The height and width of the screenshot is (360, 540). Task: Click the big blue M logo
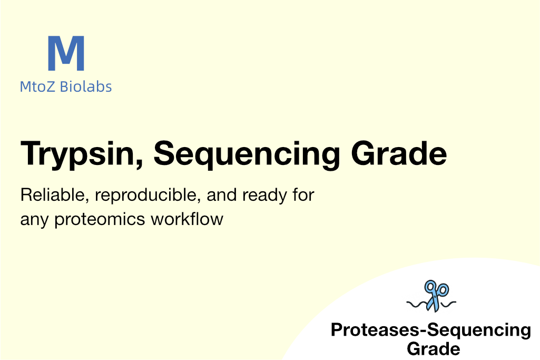(66, 53)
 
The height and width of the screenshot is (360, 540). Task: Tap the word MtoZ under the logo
(37, 86)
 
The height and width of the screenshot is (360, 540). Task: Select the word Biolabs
(86, 86)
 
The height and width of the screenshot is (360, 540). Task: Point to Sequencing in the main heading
(247, 154)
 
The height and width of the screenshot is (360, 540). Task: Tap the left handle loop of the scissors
(430, 286)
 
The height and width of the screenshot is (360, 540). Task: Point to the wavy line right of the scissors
(448, 304)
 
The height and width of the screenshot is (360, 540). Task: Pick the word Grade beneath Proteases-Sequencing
(433, 348)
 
